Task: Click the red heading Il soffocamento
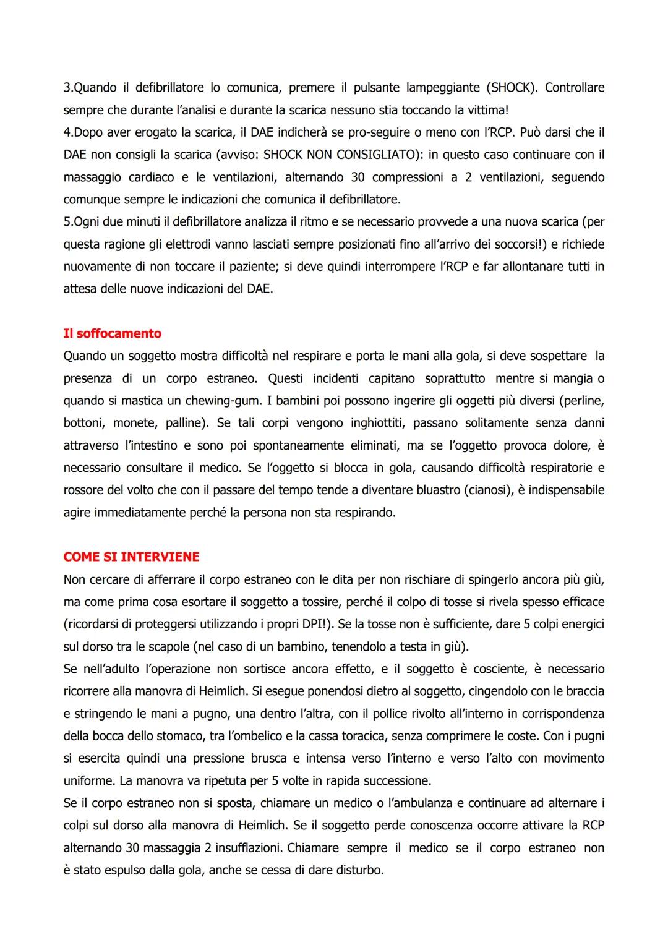[112, 334]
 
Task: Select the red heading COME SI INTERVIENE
[131, 557]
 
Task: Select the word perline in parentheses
[582, 401]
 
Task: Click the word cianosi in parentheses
[479, 490]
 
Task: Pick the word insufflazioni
[244, 848]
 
